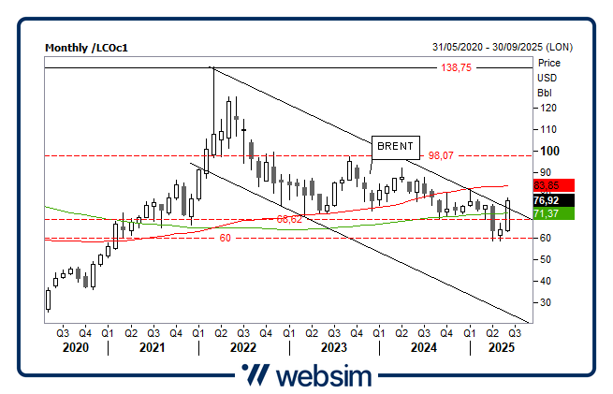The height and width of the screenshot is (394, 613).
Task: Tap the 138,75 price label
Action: [x=456, y=68]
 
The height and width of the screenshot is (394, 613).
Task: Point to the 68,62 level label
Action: [x=290, y=219]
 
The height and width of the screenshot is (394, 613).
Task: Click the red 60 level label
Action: [x=225, y=238]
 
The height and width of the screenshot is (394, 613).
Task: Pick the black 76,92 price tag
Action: [x=547, y=200]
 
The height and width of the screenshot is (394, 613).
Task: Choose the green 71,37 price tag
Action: [x=547, y=214]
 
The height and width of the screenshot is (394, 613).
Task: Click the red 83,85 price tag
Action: [x=547, y=186]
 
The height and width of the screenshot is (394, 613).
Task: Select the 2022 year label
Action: [x=242, y=347]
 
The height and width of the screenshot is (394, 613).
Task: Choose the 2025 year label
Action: [x=491, y=347]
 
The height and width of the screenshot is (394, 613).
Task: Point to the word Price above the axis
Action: [x=547, y=63]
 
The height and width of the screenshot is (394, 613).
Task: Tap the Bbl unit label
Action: [x=544, y=93]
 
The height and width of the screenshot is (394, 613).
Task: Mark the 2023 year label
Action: [x=333, y=347]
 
